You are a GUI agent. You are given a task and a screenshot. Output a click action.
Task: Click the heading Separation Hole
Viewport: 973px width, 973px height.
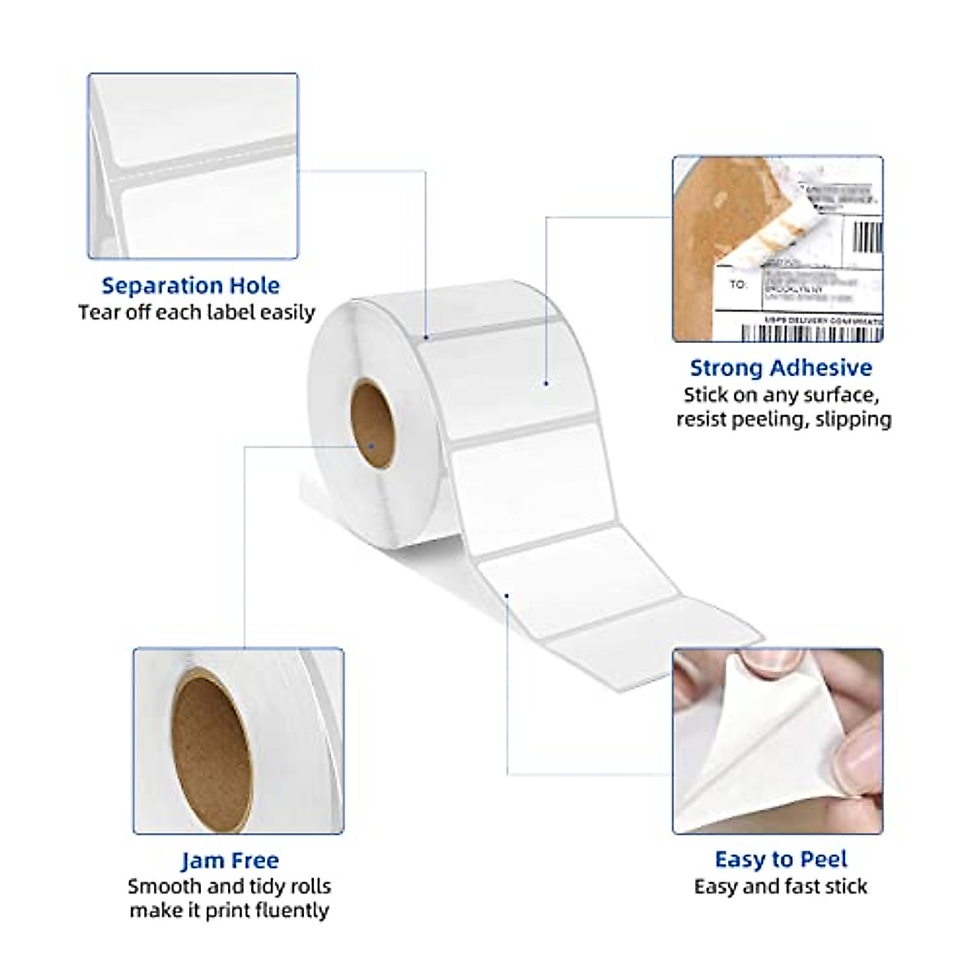click(x=191, y=285)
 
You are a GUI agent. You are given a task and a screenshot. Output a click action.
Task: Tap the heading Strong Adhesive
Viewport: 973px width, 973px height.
click(x=780, y=368)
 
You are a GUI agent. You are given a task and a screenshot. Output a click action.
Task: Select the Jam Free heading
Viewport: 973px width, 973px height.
click(x=229, y=860)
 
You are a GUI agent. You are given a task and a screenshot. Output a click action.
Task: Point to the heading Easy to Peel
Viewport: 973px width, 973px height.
click(x=781, y=859)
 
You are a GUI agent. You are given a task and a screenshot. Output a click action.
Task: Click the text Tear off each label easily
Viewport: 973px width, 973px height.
click(x=197, y=312)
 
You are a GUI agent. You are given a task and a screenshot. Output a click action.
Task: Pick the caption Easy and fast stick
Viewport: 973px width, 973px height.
click(x=780, y=886)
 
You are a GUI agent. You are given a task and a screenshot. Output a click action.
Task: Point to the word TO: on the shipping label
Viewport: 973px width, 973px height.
click(x=737, y=285)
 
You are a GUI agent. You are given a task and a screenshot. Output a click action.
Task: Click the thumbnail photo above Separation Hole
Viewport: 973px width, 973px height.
click(x=193, y=166)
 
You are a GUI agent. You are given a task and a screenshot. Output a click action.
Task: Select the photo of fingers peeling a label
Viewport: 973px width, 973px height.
click(x=777, y=740)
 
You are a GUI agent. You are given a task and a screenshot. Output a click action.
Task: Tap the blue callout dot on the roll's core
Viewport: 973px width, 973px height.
click(x=371, y=445)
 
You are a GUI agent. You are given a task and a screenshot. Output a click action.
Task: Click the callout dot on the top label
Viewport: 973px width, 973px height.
click(x=547, y=384)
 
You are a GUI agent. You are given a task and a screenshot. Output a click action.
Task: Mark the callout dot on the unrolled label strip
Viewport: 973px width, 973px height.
click(x=507, y=596)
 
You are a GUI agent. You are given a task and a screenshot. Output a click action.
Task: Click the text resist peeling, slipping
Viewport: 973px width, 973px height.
click(x=783, y=419)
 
